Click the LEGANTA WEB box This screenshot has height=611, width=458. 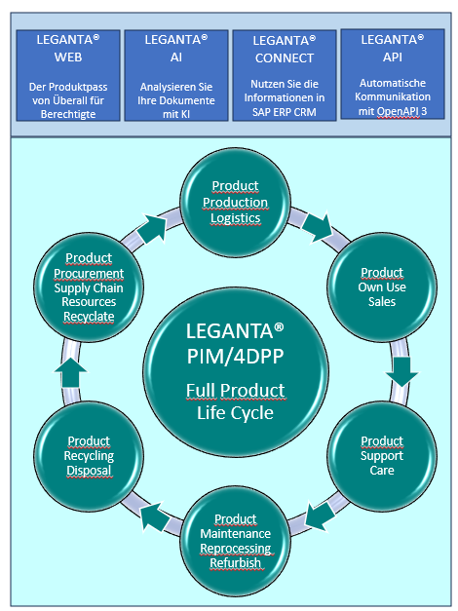tap(68, 76)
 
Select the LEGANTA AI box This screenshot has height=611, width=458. tap(176, 76)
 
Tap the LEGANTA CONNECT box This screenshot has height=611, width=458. tap(285, 76)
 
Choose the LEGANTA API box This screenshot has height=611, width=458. tap(393, 74)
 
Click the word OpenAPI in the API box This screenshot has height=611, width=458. tap(399, 111)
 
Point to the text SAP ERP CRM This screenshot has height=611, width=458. tap(285, 112)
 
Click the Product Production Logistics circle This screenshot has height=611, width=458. tap(236, 203)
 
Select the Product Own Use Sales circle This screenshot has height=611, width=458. tap(382, 287)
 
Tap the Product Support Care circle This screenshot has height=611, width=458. tap(382, 456)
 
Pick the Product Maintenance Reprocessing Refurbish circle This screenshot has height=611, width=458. tap(236, 541)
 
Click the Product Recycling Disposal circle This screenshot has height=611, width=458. tap(89, 456)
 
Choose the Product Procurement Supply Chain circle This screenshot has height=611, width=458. tap(89, 287)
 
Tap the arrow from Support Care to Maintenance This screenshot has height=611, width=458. tap(321, 516)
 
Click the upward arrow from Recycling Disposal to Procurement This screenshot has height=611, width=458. tap(70, 372)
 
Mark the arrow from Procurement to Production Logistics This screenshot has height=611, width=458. tap(153, 229)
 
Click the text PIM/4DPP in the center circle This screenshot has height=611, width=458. tap(236, 356)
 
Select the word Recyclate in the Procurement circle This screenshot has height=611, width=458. tap(89, 317)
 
